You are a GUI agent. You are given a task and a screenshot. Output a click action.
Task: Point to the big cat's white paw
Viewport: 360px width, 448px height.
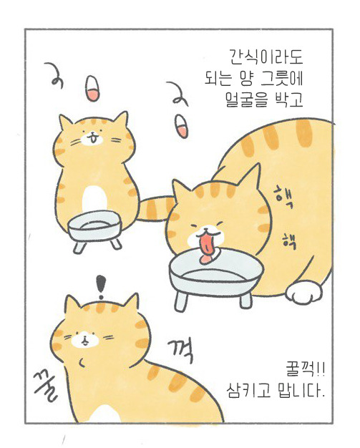304,293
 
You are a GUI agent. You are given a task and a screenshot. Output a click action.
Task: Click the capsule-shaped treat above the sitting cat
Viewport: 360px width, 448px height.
93,88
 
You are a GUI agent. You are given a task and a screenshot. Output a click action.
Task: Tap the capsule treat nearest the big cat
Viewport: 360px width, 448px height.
182,126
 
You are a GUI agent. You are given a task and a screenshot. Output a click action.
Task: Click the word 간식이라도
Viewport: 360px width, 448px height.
266,57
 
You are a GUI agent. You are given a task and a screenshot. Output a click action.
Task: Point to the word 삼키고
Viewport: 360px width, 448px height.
248,390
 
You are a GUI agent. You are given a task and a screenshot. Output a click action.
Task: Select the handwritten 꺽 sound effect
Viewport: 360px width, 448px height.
180,351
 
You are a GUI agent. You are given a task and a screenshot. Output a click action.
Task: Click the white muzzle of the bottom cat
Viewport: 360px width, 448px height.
85,339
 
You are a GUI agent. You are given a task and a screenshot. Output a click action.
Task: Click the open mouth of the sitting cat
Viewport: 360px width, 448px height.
92,140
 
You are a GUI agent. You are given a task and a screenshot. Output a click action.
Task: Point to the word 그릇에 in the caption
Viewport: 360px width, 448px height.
282,79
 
